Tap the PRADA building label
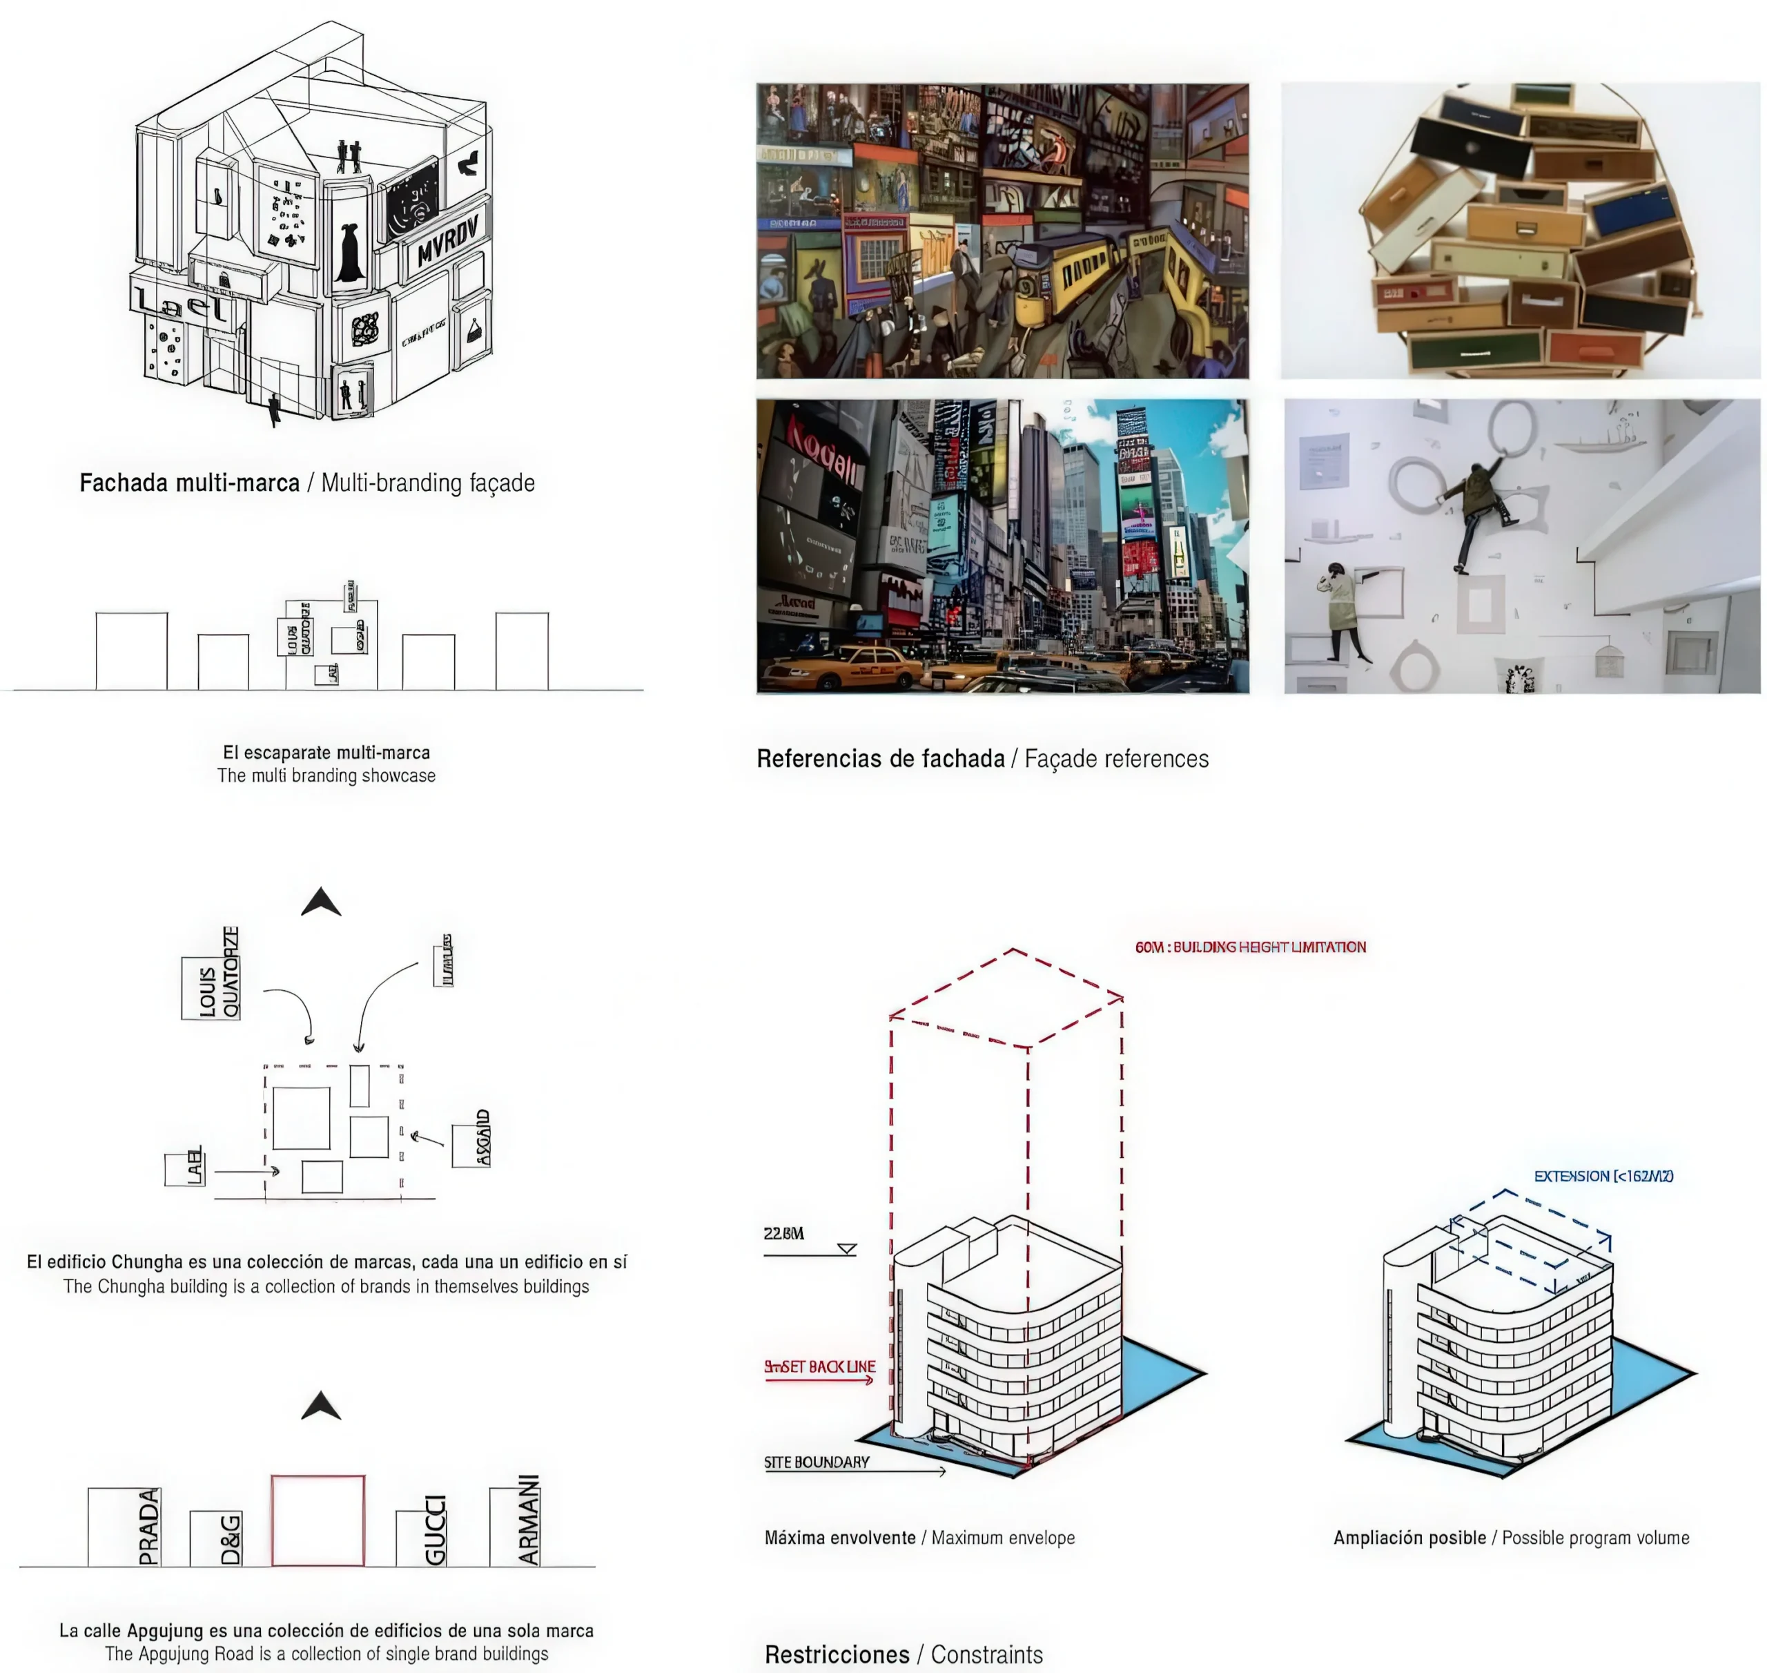coord(149,1526)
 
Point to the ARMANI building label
coord(529,1520)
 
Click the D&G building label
coord(230,1538)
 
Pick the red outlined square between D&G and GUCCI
coord(318,1520)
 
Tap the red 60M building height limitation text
coord(1250,947)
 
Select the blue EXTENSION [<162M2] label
coord(1603,1177)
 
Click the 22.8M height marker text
coord(783,1233)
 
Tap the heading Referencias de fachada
coord(880,759)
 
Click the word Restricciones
coord(837,1655)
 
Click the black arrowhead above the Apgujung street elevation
coord(321,1406)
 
